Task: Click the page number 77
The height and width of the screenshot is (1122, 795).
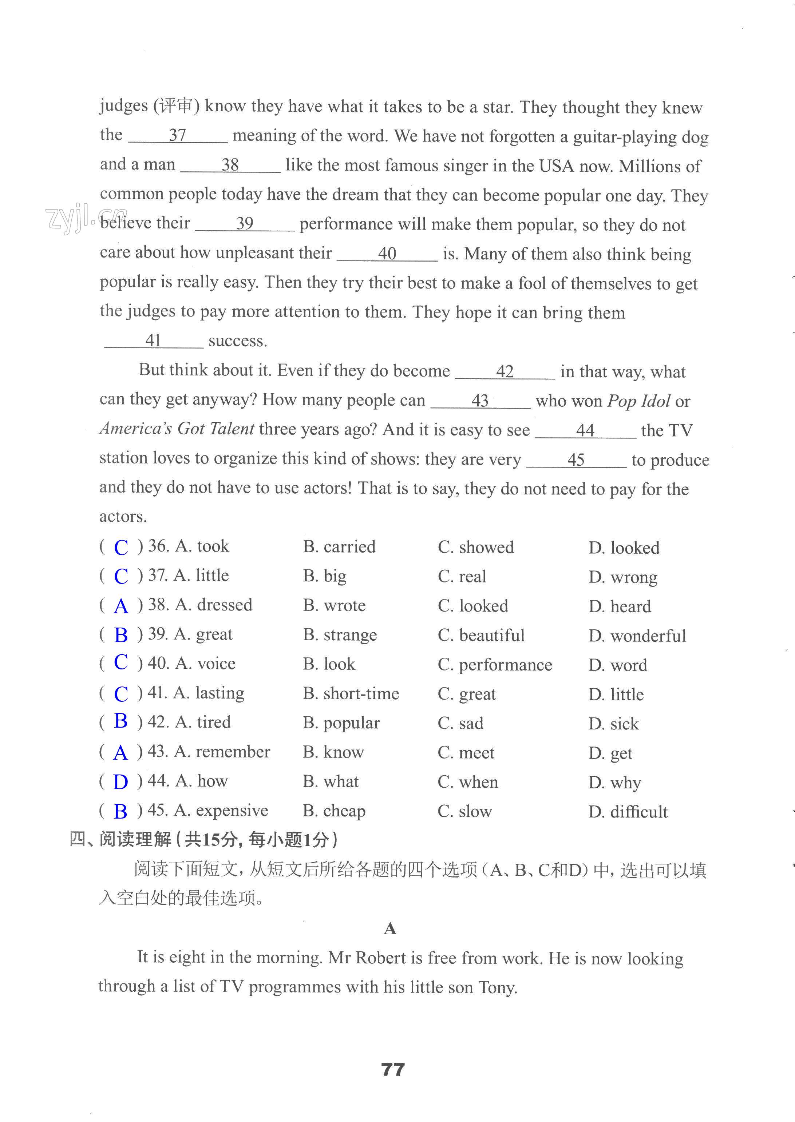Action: (393, 1069)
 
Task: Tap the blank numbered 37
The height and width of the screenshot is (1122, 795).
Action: (177, 136)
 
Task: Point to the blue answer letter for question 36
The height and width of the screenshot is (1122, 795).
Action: (121, 547)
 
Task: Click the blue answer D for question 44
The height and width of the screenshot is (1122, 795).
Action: (120, 782)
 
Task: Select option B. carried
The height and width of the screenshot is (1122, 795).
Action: (339, 546)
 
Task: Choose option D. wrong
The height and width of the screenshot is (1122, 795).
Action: (623, 577)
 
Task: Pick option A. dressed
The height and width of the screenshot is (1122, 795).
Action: (213, 605)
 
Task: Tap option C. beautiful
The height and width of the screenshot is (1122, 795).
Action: (481, 635)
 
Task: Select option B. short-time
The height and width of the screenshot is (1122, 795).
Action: (351, 693)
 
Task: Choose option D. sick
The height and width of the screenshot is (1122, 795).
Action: (613, 723)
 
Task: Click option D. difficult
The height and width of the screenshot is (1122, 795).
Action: (628, 812)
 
